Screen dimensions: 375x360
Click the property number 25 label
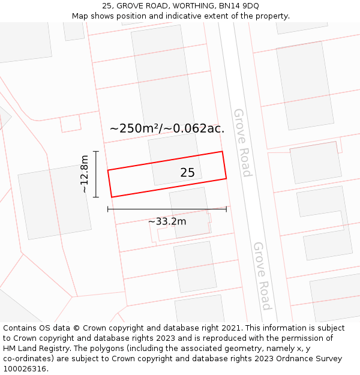tap(187, 173)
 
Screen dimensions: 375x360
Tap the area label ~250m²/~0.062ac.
tap(167, 128)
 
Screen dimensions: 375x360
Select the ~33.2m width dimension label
tap(167, 221)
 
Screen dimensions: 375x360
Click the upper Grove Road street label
tap(242, 142)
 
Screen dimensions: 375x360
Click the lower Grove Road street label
tap(262, 275)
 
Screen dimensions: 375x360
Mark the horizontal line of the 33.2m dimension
tap(167, 209)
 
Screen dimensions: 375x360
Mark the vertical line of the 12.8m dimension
tap(95, 174)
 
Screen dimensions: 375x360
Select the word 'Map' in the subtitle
tap(81, 16)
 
